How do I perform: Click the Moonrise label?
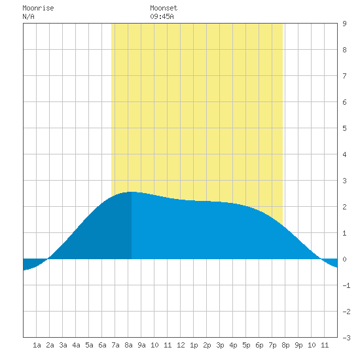tap(38, 8)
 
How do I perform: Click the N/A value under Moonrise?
tap(28, 16)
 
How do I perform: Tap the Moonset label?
tap(164, 8)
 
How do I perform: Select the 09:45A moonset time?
tap(162, 16)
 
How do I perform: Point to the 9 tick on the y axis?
tap(344, 24)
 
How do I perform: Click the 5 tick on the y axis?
tap(344, 128)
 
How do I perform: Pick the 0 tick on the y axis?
tap(344, 259)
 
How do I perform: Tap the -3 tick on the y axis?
tap(346, 338)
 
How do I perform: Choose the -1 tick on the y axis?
tap(346, 285)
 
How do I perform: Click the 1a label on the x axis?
tap(37, 345)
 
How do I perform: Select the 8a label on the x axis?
tap(128, 345)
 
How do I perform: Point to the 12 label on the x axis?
tap(181, 345)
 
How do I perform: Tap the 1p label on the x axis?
tap(194, 345)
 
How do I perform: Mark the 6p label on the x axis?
tap(259, 345)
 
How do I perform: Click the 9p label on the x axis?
tap(298, 345)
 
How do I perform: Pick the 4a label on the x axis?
tap(76, 345)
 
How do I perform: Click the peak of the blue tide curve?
tap(132, 192)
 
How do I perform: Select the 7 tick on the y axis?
tap(344, 76)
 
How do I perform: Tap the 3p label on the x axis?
tap(220, 345)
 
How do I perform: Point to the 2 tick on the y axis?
tap(344, 207)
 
